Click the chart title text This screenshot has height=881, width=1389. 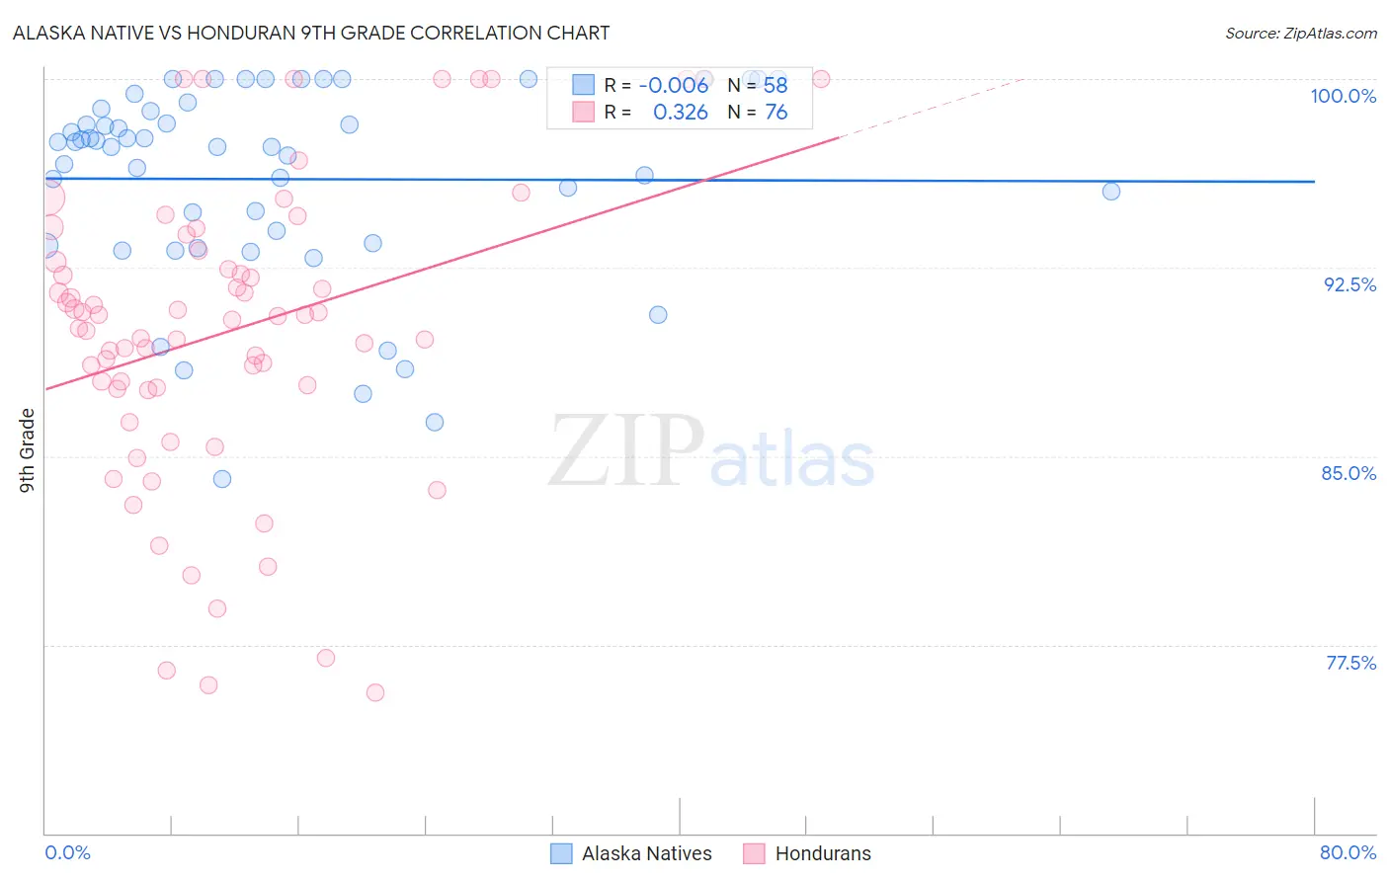tap(311, 33)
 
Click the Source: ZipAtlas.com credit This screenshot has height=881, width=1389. tap(1300, 33)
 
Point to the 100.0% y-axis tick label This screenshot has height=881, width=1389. tap(1343, 96)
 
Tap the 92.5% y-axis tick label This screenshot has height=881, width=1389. tap(1349, 284)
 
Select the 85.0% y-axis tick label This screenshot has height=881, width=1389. tap(1348, 473)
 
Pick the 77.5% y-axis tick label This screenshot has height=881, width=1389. tap(1350, 663)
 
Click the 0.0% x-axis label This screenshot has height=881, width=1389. tap(67, 852)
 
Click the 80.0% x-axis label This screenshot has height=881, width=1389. tap(1348, 852)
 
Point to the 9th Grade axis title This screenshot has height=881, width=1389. tap(27, 450)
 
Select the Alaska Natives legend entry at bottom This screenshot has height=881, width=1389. tap(646, 853)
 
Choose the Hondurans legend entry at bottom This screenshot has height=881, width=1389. tap(823, 853)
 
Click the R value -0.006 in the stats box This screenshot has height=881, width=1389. tap(674, 86)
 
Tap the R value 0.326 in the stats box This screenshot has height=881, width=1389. tap(681, 113)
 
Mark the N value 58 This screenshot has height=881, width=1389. tap(776, 86)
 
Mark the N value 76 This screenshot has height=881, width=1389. tap(776, 113)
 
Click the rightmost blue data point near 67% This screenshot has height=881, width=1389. tap(1111, 192)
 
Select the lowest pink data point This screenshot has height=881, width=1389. tap(375, 692)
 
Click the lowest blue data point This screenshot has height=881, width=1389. tap(222, 479)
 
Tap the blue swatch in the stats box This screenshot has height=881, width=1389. tap(584, 85)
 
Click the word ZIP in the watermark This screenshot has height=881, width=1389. tap(625, 451)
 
